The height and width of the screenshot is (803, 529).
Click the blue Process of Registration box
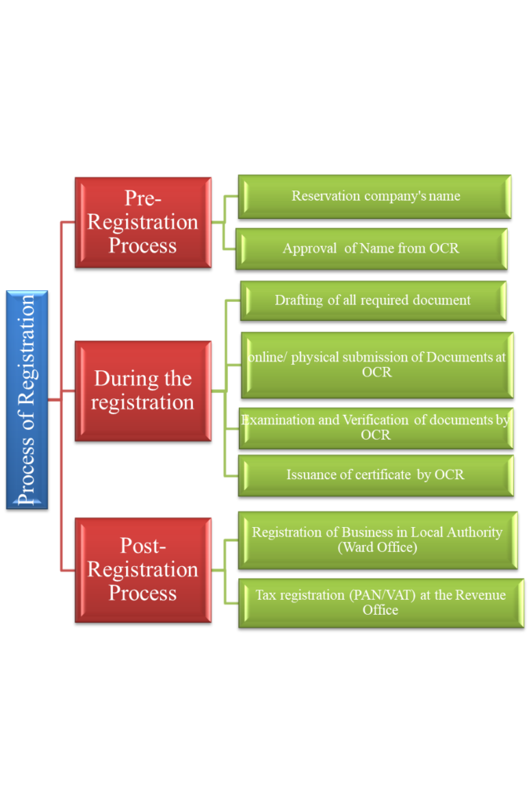click(x=27, y=399)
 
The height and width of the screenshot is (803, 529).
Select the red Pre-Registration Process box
click(x=143, y=222)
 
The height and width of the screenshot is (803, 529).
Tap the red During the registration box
click(x=143, y=391)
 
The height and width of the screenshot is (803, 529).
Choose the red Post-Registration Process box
click(x=143, y=569)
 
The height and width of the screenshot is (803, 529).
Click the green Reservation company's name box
click(x=375, y=196)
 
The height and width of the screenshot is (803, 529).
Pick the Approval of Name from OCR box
click(x=371, y=249)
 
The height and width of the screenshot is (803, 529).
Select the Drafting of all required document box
click(x=373, y=300)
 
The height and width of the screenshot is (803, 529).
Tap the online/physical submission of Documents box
click(x=377, y=365)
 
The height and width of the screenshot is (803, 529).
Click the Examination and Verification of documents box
click(x=375, y=427)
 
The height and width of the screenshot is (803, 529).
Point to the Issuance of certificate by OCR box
click(x=375, y=474)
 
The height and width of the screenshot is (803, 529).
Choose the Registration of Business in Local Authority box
click(x=377, y=540)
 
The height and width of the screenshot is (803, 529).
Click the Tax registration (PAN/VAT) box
click(x=380, y=602)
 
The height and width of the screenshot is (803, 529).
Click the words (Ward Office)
click(x=377, y=547)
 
